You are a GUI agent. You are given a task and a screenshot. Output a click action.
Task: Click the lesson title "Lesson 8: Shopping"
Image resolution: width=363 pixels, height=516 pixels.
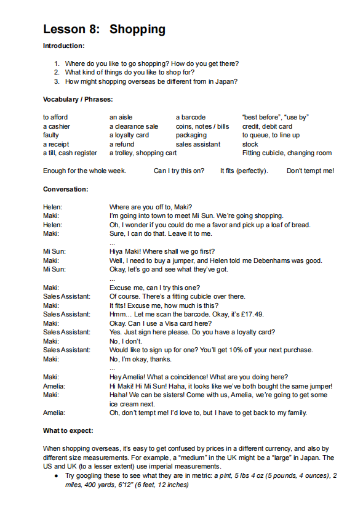tap(104, 29)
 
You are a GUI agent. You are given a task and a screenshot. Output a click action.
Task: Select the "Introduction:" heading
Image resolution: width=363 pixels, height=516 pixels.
tap(63, 46)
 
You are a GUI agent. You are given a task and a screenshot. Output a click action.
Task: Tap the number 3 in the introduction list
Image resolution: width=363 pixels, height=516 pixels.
tap(57, 81)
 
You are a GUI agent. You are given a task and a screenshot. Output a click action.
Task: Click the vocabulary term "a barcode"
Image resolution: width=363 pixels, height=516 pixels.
tap(191, 118)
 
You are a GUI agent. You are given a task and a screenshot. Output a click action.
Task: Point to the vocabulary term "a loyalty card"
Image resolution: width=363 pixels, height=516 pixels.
tap(129, 135)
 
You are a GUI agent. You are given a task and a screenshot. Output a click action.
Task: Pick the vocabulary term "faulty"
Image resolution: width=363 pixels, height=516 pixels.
tap(51, 135)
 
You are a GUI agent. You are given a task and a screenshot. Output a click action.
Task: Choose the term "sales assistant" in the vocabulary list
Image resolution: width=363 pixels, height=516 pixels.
tap(197, 144)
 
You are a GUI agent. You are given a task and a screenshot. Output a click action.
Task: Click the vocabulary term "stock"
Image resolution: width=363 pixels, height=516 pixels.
tap(250, 144)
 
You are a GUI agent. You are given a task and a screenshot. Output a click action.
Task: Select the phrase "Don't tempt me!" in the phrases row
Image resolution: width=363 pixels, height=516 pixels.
tap(310, 171)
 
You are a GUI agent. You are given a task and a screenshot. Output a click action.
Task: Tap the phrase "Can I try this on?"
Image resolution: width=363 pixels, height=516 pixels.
tap(178, 171)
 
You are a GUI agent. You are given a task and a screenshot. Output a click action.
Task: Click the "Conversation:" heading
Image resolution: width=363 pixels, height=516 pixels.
tap(65, 189)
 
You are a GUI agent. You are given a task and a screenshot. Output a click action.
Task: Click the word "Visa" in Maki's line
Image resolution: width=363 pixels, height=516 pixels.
tap(163, 323)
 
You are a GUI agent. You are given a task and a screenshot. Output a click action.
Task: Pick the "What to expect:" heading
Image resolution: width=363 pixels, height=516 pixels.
tap(68, 430)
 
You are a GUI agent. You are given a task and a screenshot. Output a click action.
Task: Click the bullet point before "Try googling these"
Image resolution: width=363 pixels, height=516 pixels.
tap(56, 477)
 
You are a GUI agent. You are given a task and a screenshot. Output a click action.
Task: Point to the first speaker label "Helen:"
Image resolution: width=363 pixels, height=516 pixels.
tap(52, 207)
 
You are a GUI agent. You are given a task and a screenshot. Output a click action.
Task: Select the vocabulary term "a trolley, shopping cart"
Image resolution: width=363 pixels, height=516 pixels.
tap(143, 153)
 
